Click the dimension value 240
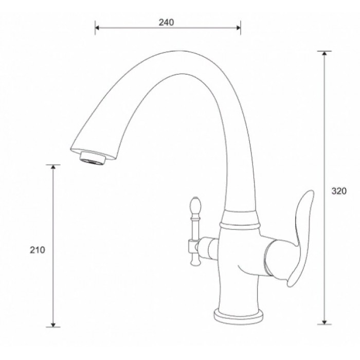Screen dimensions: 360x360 [x=167, y=22]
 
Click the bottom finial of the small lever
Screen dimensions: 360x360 [x=194, y=262]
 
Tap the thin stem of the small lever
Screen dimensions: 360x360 [x=194, y=226]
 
